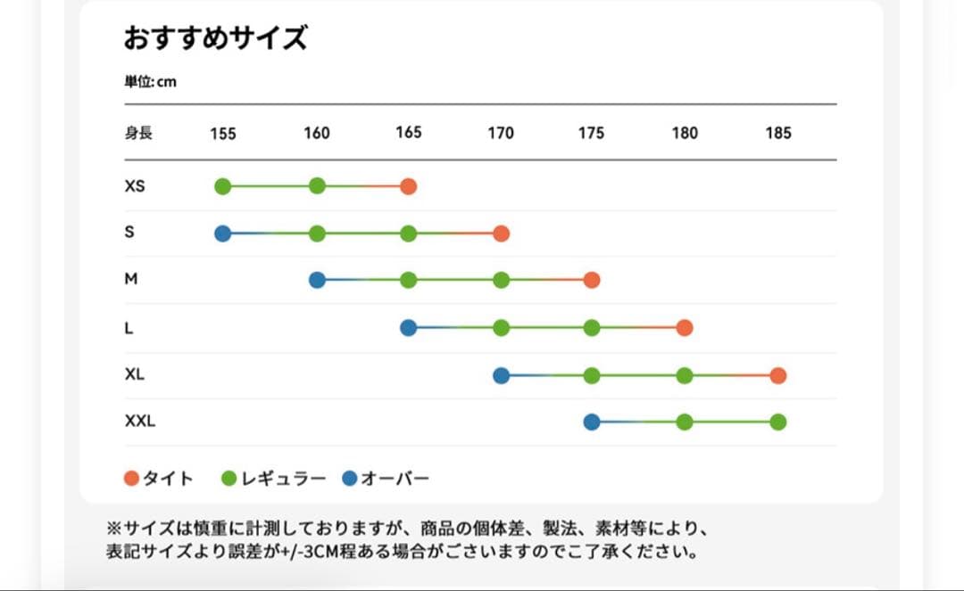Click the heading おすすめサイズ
(x=215, y=38)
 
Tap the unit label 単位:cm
(x=150, y=82)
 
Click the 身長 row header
(x=138, y=133)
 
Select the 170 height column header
(x=501, y=133)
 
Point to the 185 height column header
(x=777, y=133)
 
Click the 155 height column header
(x=223, y=134)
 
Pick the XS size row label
(x=135, y=186)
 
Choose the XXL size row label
(x=140, y=421)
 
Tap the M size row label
(x=131, y=279)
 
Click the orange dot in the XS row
(x=408, y=186)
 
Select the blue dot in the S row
(x=223, y=234)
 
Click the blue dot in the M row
(x=317, y=280)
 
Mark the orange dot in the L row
(x=685, y=328)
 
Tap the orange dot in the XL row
(x=777, y=375)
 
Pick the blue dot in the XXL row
(x=591, y=422)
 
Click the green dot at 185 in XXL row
(x=777, y=422)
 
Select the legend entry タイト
(x=159, y=479)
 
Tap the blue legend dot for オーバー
(x=350, y=479)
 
